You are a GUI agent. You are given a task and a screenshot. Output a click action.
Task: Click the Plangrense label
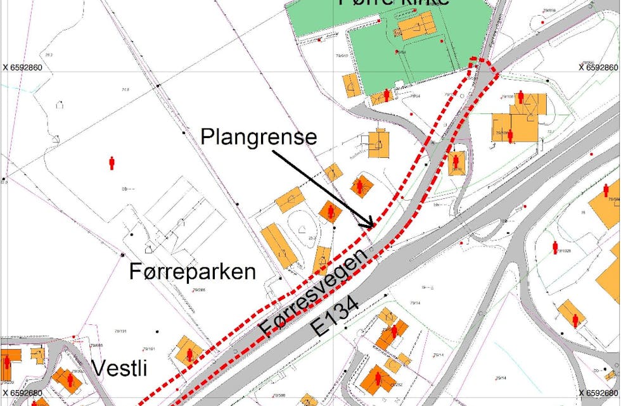point(258,137)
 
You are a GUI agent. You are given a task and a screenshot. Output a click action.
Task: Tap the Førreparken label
point(192,272)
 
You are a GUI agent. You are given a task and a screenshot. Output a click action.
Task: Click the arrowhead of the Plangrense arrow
point(369,224)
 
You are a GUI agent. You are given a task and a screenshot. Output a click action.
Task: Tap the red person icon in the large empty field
point(112,163)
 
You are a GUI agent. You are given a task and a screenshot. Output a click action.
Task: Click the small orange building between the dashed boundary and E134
point(456,163)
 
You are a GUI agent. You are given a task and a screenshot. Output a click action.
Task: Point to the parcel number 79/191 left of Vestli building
point(120,331)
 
